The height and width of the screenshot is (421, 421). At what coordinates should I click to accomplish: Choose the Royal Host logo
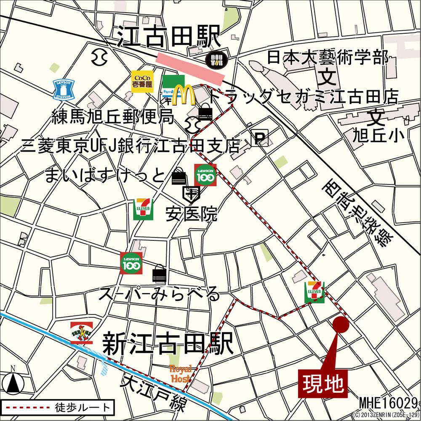point(181,373)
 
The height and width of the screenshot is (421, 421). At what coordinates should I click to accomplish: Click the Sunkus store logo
point(82,333)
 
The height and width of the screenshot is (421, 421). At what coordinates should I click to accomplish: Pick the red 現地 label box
point(323,384)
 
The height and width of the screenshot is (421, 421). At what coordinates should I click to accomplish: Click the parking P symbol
point(260,138)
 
